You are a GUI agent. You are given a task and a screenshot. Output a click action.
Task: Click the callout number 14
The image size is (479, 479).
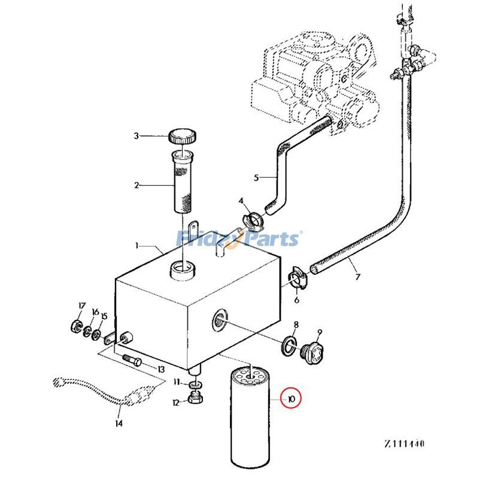[119, 423]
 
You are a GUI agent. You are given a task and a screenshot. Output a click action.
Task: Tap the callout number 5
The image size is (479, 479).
[256, 178]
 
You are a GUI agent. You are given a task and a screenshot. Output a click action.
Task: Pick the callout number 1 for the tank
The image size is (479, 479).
[137, 245]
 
